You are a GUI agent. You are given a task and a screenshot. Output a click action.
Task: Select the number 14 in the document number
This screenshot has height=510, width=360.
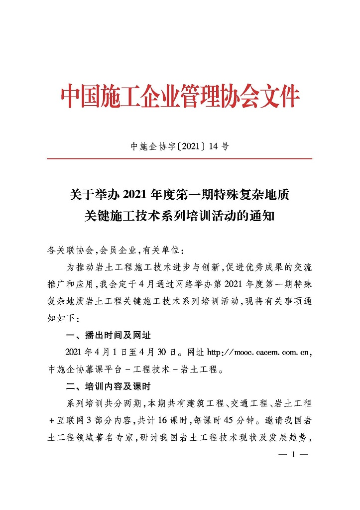tap(211, 146)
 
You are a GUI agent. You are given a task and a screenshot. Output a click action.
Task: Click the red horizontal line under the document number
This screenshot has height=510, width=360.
tap(179, 159)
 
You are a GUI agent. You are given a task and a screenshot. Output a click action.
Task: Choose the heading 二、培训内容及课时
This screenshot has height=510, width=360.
tap(105, 386)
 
